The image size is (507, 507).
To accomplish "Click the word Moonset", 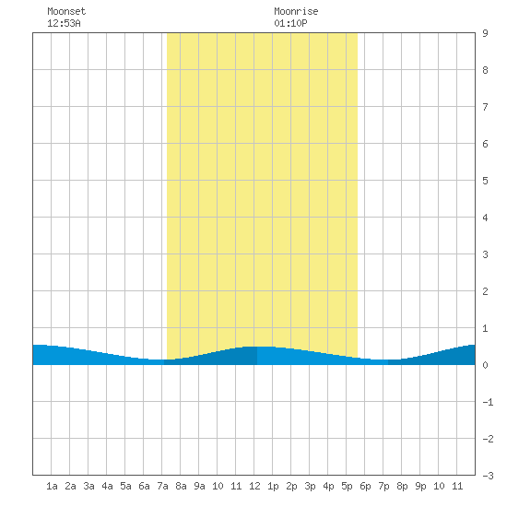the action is (66, 11).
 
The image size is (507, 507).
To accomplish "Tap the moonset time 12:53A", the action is (64, 23).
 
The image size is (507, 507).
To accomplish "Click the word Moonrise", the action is (296, 11).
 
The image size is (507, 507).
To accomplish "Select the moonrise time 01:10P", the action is (290, 23).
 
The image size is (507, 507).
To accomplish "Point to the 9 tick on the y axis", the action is (485, 33).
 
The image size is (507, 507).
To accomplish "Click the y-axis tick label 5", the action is (485, 181).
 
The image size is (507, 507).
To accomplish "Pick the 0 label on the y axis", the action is (485, 365).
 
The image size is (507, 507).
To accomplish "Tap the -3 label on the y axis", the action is (488, 476).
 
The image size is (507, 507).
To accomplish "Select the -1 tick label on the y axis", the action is (488, 402).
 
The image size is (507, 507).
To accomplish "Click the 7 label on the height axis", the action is (485, 107).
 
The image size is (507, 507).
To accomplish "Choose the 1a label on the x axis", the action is (52, 486).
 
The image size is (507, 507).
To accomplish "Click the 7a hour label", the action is (162, 486).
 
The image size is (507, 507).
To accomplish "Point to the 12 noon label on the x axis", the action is (254, 486).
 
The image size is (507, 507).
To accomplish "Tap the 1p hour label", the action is (273, 486).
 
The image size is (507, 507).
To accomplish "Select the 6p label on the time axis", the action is (365, 486).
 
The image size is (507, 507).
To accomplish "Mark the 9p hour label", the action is (420, 486).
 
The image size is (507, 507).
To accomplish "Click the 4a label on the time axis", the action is (107, 486).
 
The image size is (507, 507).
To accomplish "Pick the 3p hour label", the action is (310, 486).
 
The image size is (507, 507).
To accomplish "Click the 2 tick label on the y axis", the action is (485, 291).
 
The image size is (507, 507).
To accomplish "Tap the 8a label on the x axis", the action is (181, 486).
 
